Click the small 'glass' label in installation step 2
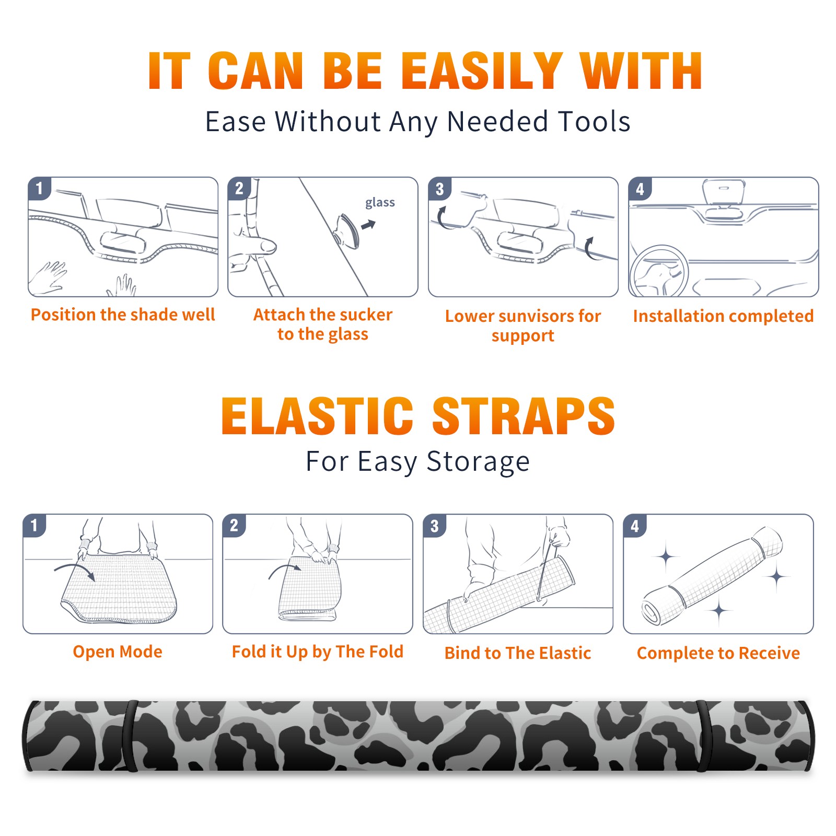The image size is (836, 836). pos(380,203)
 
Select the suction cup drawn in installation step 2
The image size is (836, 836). pos(347,230)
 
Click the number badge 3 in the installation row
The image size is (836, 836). pos(440,189)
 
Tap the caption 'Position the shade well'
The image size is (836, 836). pos(123,315)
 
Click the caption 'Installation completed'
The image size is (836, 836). pos(723,316)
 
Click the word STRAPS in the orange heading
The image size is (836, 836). pos(524,416)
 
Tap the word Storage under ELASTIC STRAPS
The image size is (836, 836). pos(478,462)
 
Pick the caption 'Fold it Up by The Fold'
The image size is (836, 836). pos(318,652)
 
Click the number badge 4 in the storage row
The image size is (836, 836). pos(635,526)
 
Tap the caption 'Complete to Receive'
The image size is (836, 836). pos(718,653)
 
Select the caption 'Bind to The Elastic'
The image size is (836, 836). pos(518,653)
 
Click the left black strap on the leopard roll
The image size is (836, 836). pos(130,736)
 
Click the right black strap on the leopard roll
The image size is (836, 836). pos(705,736)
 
